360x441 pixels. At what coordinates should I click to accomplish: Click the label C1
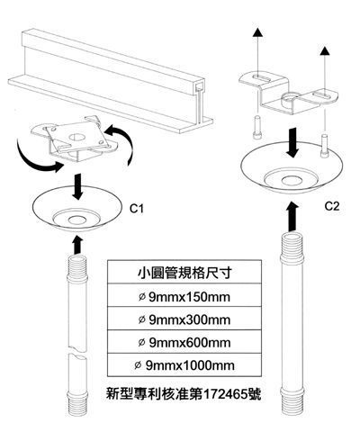pyautogui.click(x=137, y=209)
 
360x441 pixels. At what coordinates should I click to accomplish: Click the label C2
pyautogui.click(x=332, y=206)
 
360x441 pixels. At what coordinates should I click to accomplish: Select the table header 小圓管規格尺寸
pyautogui.click(x=184, y=273)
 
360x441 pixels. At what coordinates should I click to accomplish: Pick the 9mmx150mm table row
pyautogui.click(x=184, y=297)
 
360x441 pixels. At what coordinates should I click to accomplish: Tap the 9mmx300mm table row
pyautogui.click(x=184, y=319)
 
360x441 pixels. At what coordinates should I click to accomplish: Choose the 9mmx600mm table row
pyautogui.click(x=184, y=342)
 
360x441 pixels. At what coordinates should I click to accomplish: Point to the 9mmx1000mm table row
pyautogui.click(x=184, y=365)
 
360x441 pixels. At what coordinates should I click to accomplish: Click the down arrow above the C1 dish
pyautogui.click(x=78, y=186)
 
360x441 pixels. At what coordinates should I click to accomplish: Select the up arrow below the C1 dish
pyautogui.click(x=77, y=245)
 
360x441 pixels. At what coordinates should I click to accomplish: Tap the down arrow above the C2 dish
pyautogui.click(x=292, y=143)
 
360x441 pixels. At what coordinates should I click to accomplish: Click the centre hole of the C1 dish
pyautogui.click(x=76, y=220)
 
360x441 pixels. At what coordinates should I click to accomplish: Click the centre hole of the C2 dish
pyautogui.click(x=292, y=181)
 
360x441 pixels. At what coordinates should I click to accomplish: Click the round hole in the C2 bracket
pyautogui.click(x=290, y=98)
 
